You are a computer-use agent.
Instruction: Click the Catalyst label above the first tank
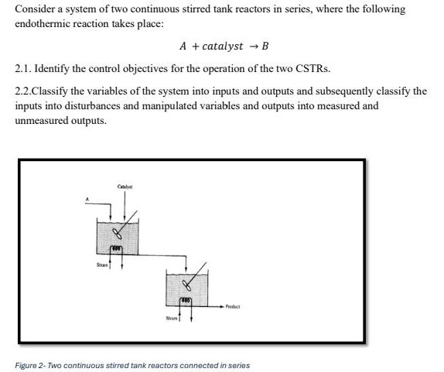pos(125,187)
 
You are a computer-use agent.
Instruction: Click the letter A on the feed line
pos(88,200)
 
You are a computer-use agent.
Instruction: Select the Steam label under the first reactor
pos(101,264)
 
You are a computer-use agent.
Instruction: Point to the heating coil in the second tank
pos(186,301)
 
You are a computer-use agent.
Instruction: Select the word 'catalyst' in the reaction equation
pos(222,46)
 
